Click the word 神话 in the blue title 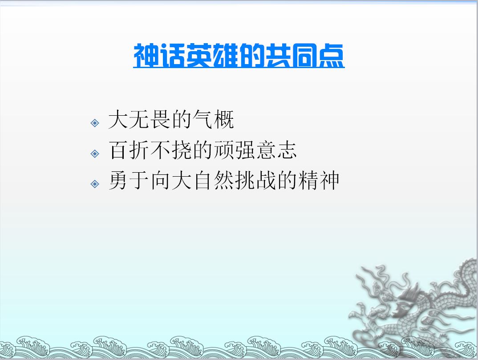(160, 55)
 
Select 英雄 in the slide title (212, 55)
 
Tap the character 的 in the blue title (251, 55)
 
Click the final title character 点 (331, 55)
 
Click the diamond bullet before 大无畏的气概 (95, 123)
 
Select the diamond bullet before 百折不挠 (95, 154)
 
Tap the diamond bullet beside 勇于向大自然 (95, 184)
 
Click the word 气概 (213, 119)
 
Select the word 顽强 (234, 150)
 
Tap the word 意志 (276, 150)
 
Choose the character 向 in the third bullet (160, 180)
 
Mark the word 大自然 (203, 180)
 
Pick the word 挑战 (255, 180)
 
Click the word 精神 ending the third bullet (319, 180)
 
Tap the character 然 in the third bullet (224, 180)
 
